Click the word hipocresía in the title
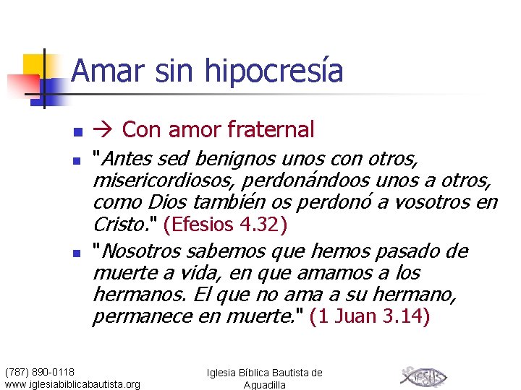tap(274, 71)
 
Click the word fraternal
tap(271, 130)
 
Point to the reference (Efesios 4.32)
tap(226, 225)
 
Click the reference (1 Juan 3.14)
tap(369, 316)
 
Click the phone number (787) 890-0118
tap(45, 372)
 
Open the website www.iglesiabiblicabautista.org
tap(72, 383)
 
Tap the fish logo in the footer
tap(423, 376)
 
